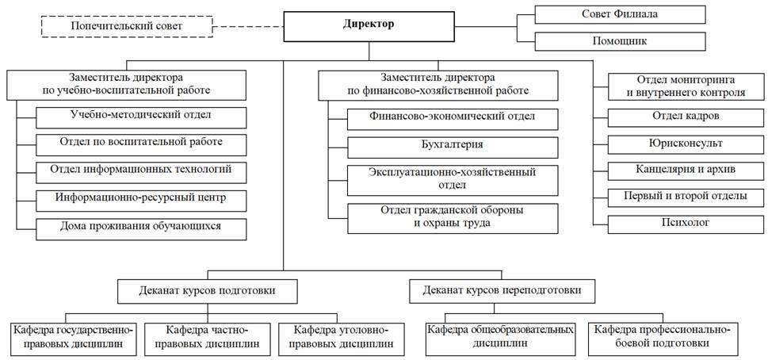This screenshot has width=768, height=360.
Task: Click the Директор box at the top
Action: (368, 25)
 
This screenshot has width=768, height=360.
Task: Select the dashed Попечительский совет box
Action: (126, 27)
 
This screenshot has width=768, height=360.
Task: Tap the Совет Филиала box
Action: (620, 14)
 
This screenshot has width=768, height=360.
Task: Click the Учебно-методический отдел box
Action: (141, 116)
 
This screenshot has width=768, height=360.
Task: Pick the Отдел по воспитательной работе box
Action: (141, 144)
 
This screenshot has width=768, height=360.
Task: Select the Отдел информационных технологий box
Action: (141, 170)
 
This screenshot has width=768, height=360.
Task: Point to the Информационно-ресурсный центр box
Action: (141, 198)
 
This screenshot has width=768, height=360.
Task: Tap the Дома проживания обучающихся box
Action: (141, 226)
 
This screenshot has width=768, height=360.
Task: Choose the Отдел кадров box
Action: (686, 117)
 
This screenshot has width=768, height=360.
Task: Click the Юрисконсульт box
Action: (686, 144)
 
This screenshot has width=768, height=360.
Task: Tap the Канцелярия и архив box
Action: (686, 170)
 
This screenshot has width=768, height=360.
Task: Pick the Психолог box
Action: (686, 223)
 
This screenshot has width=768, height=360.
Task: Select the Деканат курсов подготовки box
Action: (208, 291)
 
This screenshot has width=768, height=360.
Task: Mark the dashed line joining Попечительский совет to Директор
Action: (249, 27)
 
